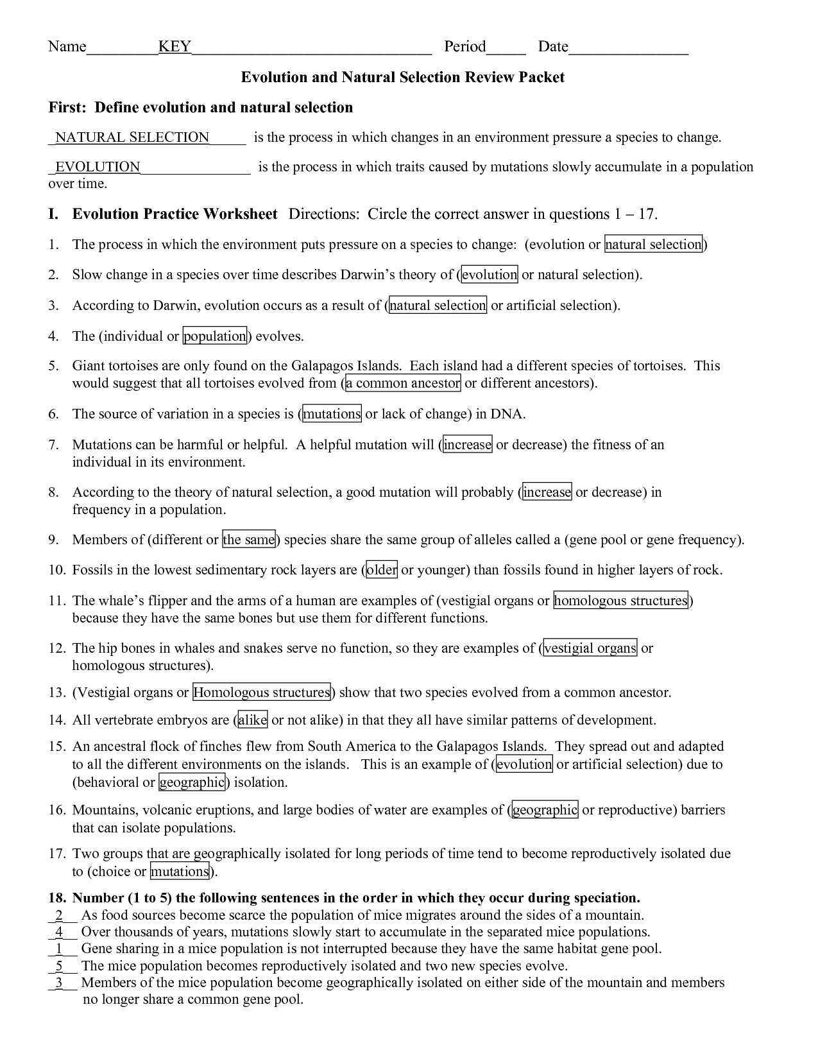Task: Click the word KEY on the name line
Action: tap(175, 47)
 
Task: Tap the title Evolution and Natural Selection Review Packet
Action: tap(402, 78)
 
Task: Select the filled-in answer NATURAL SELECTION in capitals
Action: tap(132, 137)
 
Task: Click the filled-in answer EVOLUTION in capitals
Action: tap(98, 167)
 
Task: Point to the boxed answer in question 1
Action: tap(654, 245)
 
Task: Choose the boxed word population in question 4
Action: tap(215, 336)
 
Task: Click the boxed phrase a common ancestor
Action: tap(403, 384)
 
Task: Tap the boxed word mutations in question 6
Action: tap(332, 414)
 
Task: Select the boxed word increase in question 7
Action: tap(467, 445)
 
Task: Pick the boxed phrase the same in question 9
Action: tap(249, 540)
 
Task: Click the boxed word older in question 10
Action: tap(382, 570)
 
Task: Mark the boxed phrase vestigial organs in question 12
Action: tap(590, 648)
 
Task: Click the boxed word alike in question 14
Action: tap(252, 720)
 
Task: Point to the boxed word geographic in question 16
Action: tap(545, 810)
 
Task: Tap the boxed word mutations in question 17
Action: tap(180, 872)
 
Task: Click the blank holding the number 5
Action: tap(59, 966)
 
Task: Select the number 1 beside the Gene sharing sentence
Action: tap(59, 949)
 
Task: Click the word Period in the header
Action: tap(465, 47)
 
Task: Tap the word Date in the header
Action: tap(553, 47)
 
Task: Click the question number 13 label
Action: tap(56, 693)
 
